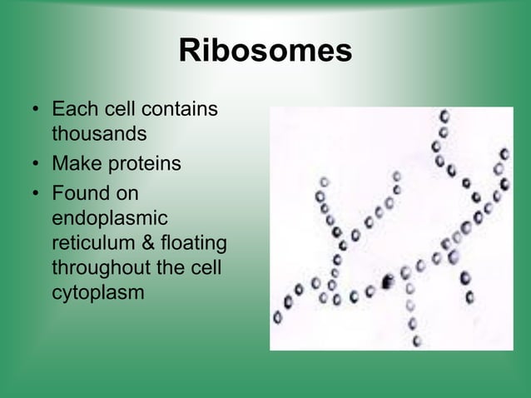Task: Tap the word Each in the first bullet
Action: coord(72,110)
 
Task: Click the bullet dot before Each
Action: coord(34,111)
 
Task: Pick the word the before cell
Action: coord(179,270)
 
